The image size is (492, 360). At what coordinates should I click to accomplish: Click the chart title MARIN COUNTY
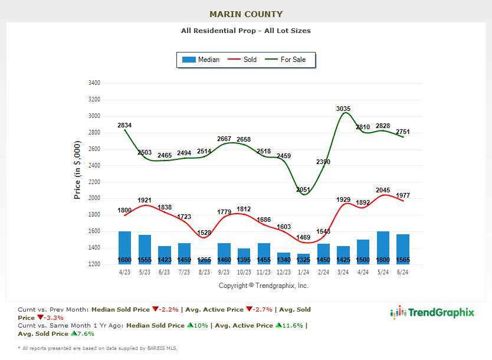[x=246, y=14]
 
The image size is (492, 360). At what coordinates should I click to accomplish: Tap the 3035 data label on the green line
[x=343, y=109]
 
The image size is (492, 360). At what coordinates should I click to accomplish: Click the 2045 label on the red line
[x=385, y=191]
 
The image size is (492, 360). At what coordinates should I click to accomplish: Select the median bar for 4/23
[x=124, y=247]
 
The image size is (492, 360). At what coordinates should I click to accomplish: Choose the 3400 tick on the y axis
[x=94, y=83]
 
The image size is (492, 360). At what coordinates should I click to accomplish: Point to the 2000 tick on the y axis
[x=94, y=198]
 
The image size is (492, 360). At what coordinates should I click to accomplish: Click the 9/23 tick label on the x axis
[x=224, y=272]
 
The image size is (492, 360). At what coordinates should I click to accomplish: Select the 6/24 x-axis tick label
[x=403, y=272]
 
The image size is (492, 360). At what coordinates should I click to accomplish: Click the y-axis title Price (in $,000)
[x=77, y=170]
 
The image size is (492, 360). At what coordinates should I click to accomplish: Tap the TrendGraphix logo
[x=432, y=313]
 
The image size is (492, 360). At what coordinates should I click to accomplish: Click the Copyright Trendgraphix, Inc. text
[x=263, y=286]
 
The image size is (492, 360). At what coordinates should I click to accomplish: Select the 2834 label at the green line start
[x=124, y=125]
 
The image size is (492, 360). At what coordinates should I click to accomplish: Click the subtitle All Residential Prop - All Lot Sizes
[x=246, y=31]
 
